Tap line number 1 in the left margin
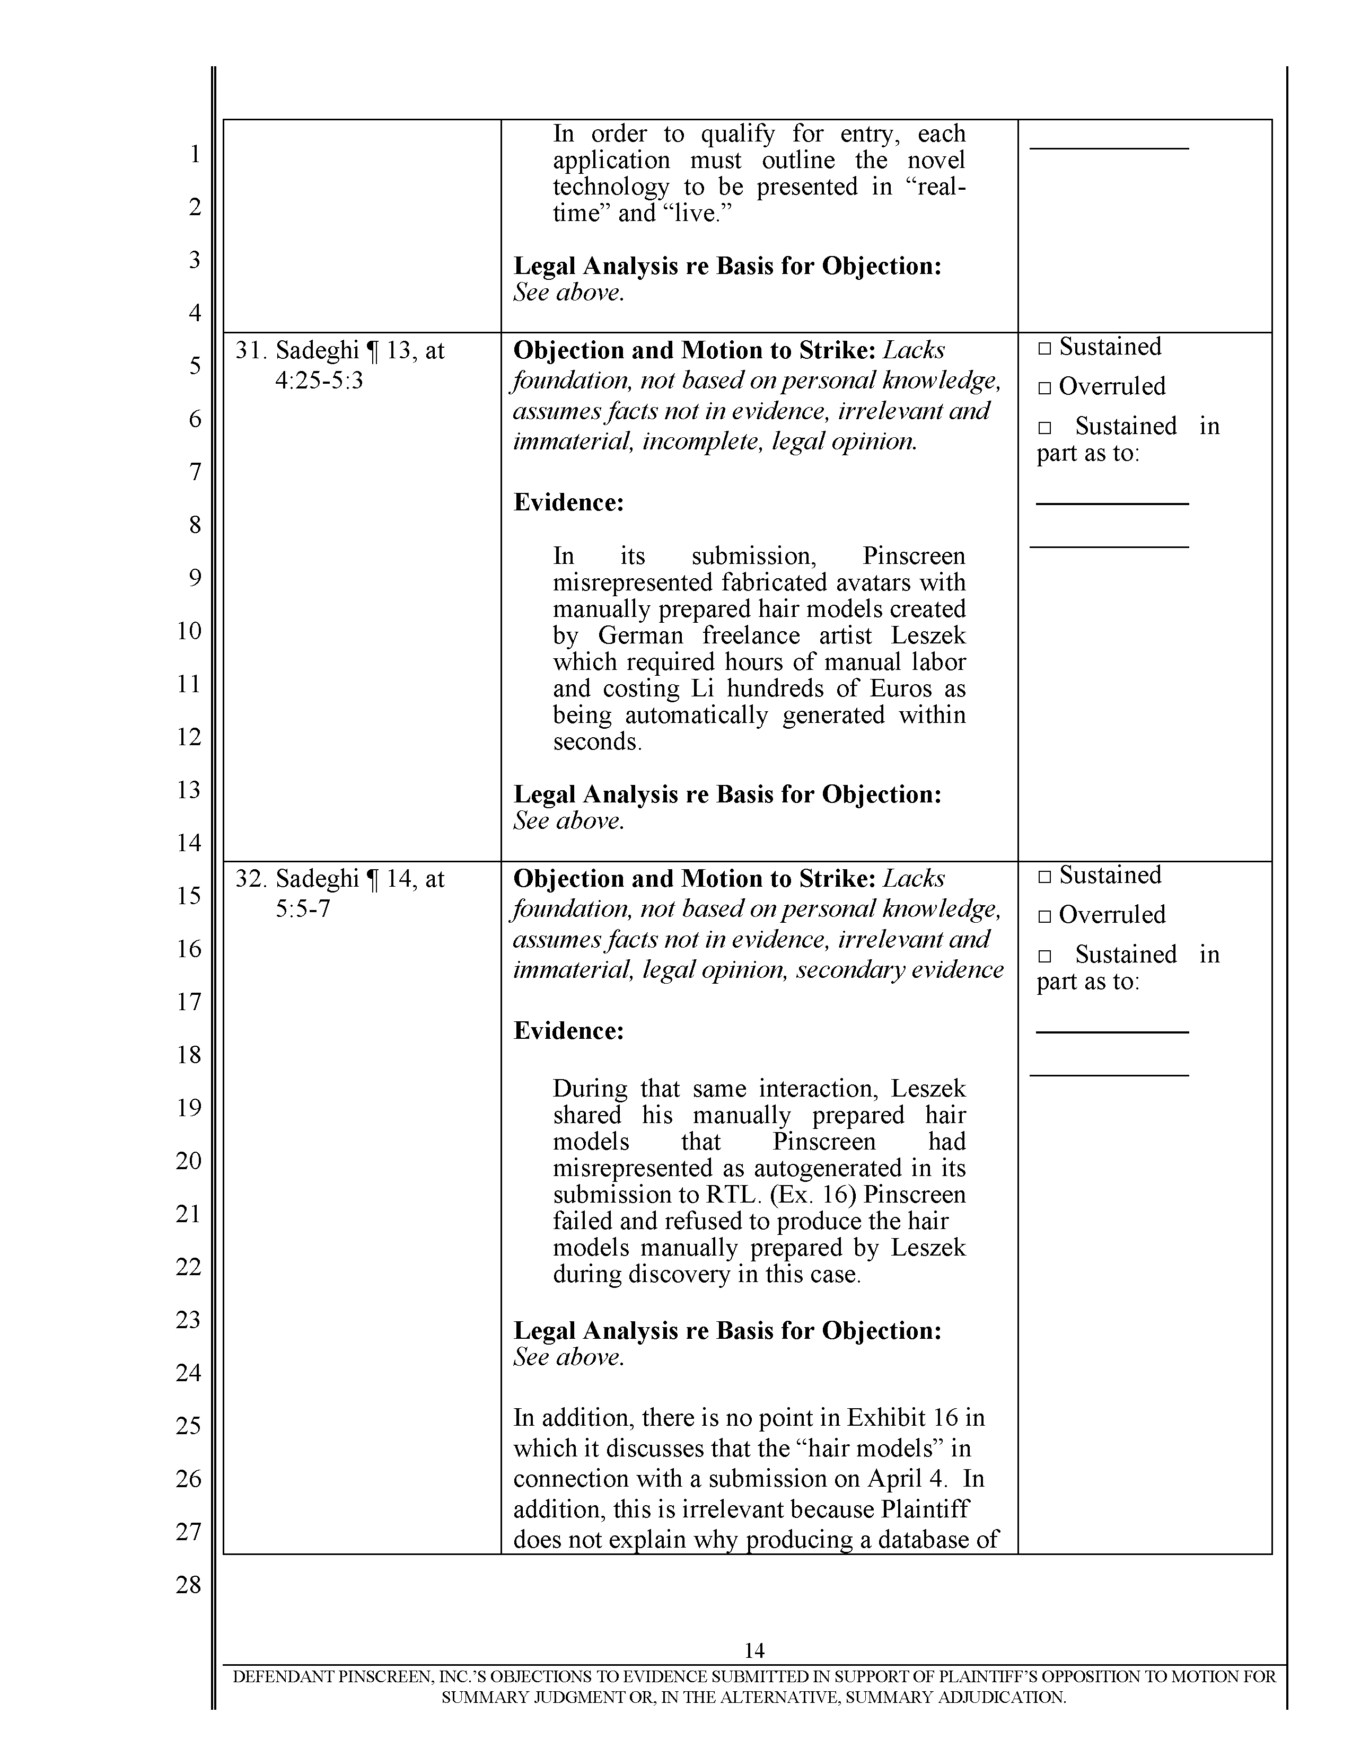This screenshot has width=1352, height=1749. point(195,154)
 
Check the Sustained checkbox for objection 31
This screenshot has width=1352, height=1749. point(1044,348)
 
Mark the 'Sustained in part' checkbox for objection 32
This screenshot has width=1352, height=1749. point(1044,956)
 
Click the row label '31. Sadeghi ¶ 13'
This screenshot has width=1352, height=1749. point(339,351)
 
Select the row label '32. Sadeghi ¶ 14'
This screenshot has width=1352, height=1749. point(339,879)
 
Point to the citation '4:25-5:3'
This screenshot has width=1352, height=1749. point(319,381)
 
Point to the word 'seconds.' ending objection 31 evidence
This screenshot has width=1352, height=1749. point(598,741)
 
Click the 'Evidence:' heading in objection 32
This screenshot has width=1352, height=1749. point(568,1031)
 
